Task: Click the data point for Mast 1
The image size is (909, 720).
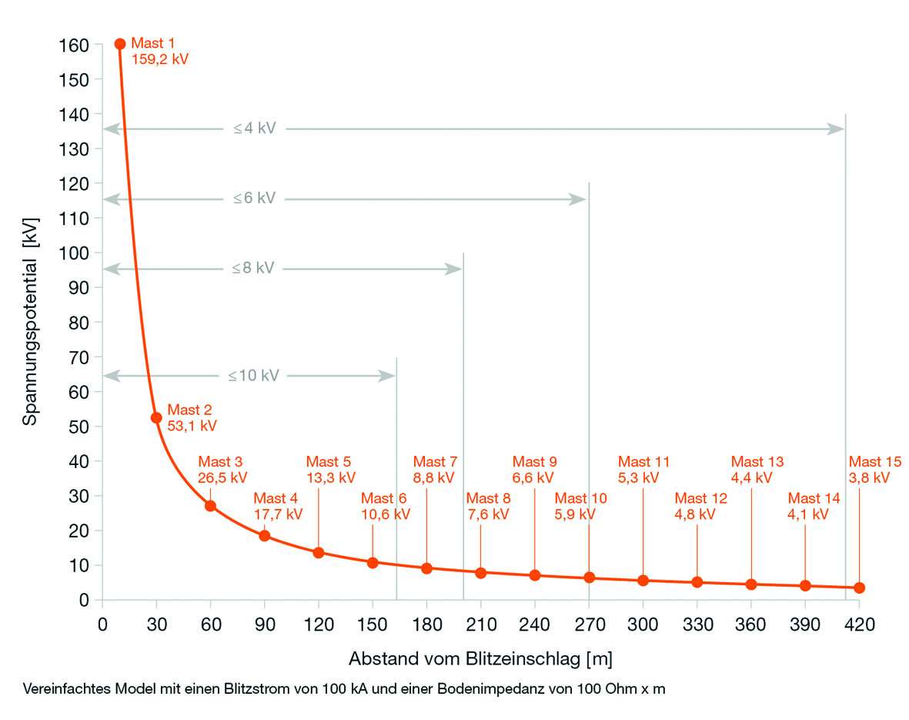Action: pos(120,44)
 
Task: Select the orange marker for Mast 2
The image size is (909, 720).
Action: pos(156,417)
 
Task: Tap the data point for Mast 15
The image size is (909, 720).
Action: pos(860,588)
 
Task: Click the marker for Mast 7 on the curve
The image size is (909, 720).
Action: pos(426,568)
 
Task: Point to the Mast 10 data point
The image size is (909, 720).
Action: pos(589,578)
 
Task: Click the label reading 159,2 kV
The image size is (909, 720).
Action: pos(160,58)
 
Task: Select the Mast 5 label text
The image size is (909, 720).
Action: pos(329,462)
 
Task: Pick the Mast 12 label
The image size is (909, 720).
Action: pos(700,499)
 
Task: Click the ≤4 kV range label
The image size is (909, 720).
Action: pos(255,129)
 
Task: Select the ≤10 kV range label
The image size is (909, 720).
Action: pos(253,376)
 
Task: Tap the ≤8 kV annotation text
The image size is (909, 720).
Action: pos(254,268)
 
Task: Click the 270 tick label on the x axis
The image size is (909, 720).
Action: pos(589,625)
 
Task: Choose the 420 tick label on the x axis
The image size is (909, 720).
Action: pos(860,625)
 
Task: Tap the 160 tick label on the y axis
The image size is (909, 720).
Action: pos(75,45)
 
